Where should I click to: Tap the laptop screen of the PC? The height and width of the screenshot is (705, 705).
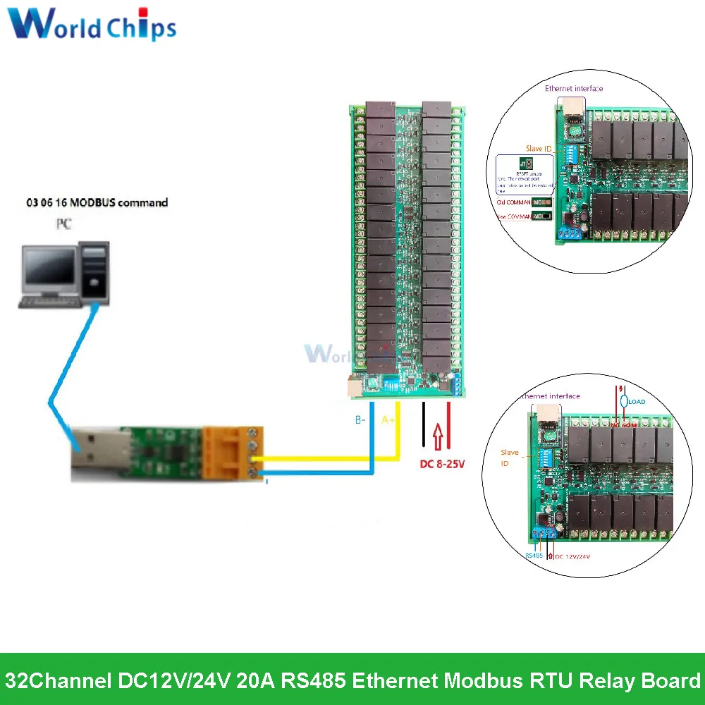coord(49,269)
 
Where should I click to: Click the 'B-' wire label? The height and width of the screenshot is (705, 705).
coord(360,420)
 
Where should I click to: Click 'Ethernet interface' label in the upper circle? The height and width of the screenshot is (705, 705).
coord(574,89)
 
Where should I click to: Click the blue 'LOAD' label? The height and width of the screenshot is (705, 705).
coord(636,402)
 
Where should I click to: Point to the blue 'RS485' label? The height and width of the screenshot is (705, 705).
coord(534,555)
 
